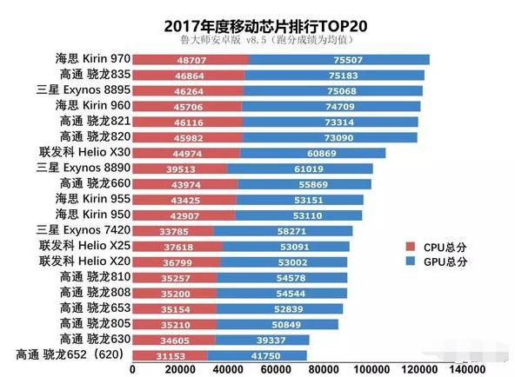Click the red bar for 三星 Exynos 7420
[x=172, y=231]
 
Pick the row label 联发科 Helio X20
[x=84, y=261]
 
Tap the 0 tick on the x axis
[x=132, y=368]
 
